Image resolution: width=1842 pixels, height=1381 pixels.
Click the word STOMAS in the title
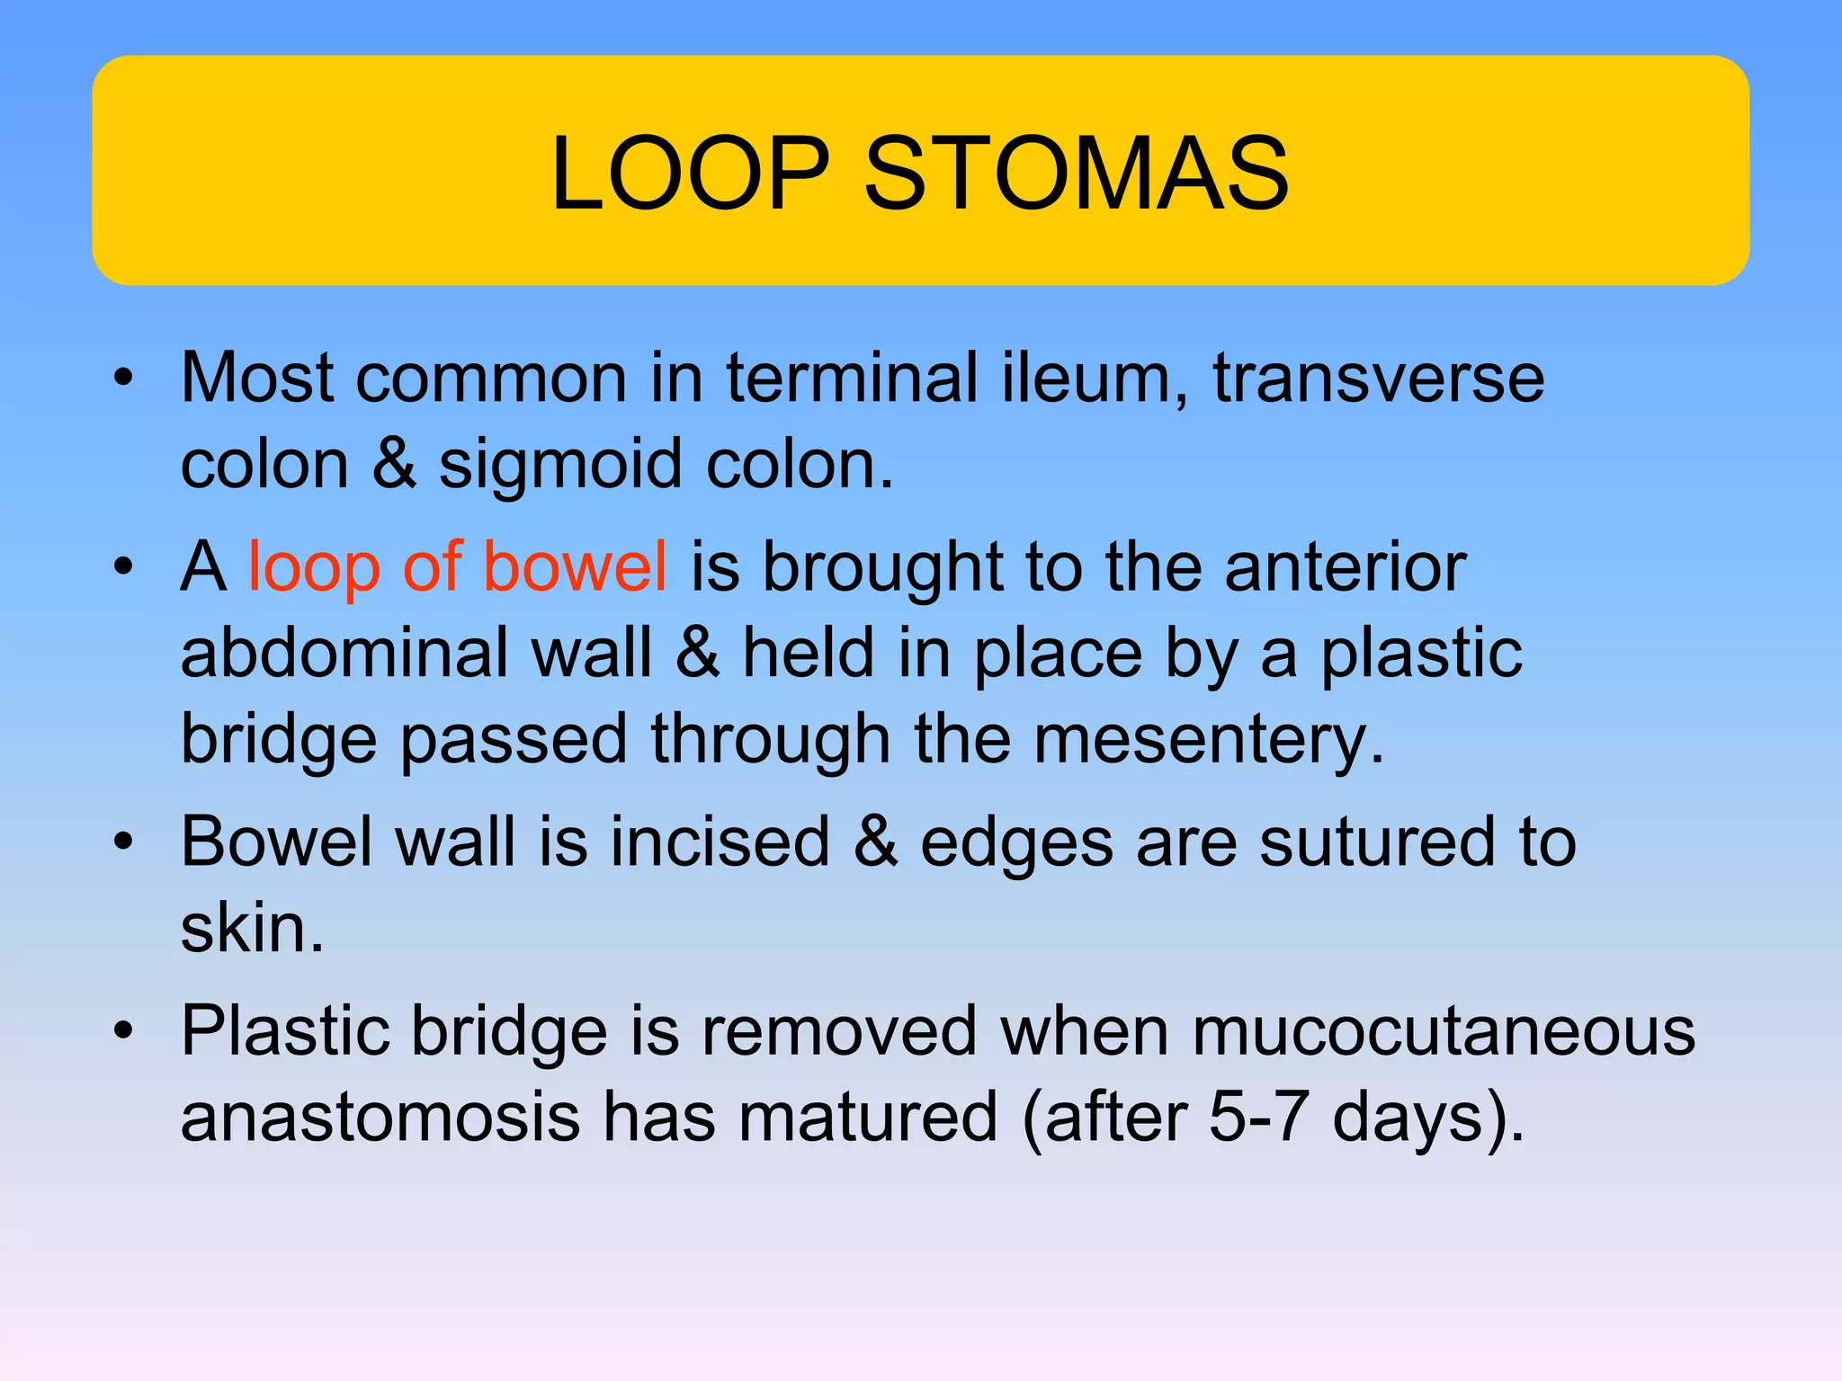(1076, 173)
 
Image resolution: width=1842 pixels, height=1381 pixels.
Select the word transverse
(1378, 378)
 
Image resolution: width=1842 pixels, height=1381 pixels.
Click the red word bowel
(575, 566)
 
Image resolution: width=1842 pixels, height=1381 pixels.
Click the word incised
(720, 842)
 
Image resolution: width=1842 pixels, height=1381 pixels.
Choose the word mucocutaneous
(1443, 1030)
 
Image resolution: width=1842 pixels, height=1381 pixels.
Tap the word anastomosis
(380, 1117)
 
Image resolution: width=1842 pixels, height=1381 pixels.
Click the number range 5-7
(1256, 1117)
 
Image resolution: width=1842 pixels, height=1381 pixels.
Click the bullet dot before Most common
(124, 378)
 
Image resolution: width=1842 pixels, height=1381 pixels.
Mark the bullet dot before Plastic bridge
(124, 1030)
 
